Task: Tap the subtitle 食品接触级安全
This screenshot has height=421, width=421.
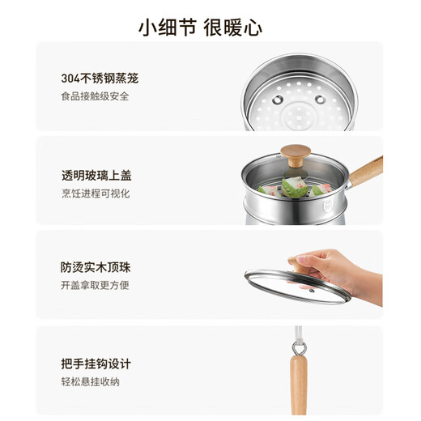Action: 96,96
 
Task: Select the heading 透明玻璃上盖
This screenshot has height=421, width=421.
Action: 96,176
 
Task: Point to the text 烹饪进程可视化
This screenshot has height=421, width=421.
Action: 96,193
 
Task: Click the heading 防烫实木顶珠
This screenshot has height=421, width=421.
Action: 96,268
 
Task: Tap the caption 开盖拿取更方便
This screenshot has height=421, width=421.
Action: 96,285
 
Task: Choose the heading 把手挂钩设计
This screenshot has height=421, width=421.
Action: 96,364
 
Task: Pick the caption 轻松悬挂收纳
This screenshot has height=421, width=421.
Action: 90,381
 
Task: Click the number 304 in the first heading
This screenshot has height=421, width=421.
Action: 70,79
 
